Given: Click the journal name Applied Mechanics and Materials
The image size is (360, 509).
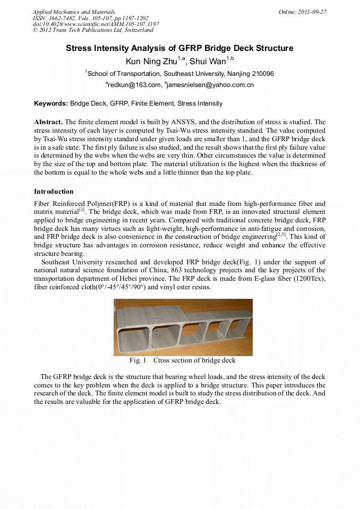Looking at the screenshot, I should coord(73,12).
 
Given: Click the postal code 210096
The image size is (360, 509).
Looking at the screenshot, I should coord(262,74).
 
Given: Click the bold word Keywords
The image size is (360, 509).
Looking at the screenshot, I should coord(50,103).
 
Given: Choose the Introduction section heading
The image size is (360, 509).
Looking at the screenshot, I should coord(54,192).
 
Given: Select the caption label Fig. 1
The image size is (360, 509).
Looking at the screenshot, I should coord(138,361).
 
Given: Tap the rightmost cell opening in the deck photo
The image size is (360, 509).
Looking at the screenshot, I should coord(235,329).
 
